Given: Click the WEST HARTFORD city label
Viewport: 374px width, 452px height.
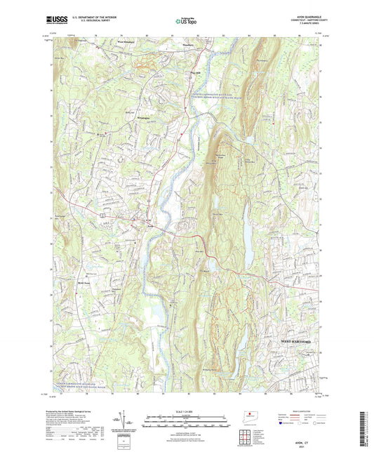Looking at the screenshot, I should (300, 340).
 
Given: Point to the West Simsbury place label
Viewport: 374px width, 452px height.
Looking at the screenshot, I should (126, 44).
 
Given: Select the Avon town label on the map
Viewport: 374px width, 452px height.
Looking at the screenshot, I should (149, 226).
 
